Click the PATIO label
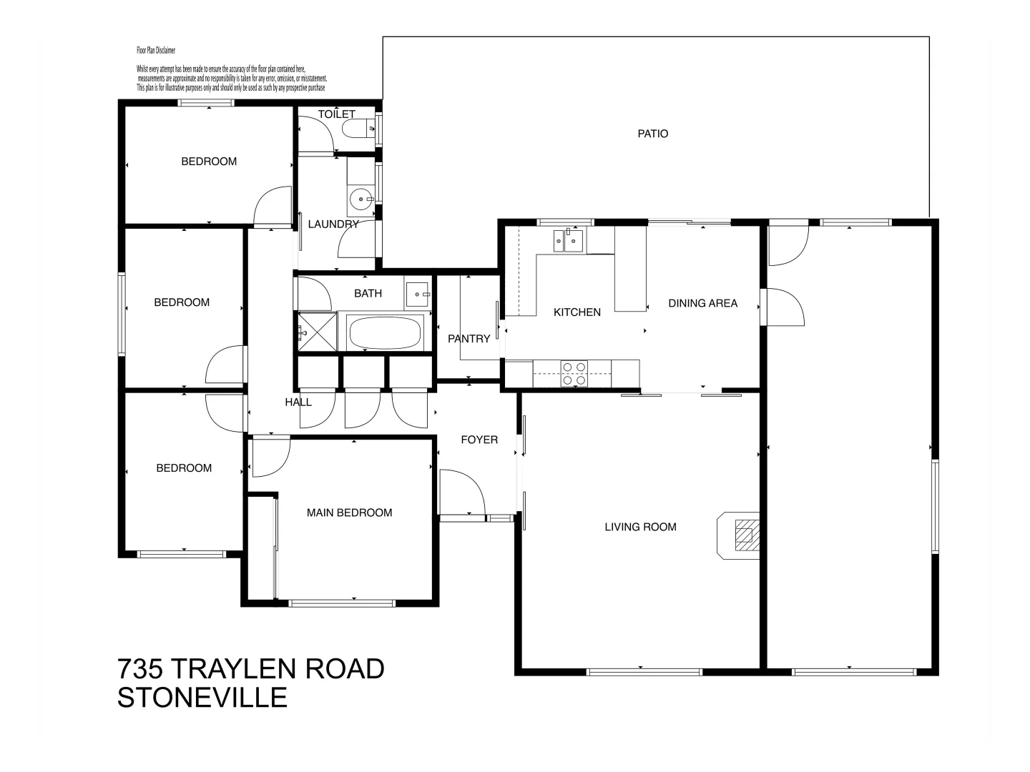coord(652,134)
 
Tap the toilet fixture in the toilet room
coord(355,129)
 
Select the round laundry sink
coord(362,199)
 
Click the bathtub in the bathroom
coord(384,332)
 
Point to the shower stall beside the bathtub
coord(315,332)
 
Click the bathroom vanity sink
coord(418,294)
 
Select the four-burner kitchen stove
coord(574,374)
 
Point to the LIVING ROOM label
coord(640,527)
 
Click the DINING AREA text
coord(702,303)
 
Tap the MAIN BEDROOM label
coord(349,513)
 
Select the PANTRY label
coord(469,339)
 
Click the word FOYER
coord(479,440)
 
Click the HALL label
coord(298,402)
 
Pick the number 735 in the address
coord(141,669)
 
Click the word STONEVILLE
coord(202,698)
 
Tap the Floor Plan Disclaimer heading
coord(156,51)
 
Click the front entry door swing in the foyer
coord(461,490)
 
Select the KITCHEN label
coord(577,312)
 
